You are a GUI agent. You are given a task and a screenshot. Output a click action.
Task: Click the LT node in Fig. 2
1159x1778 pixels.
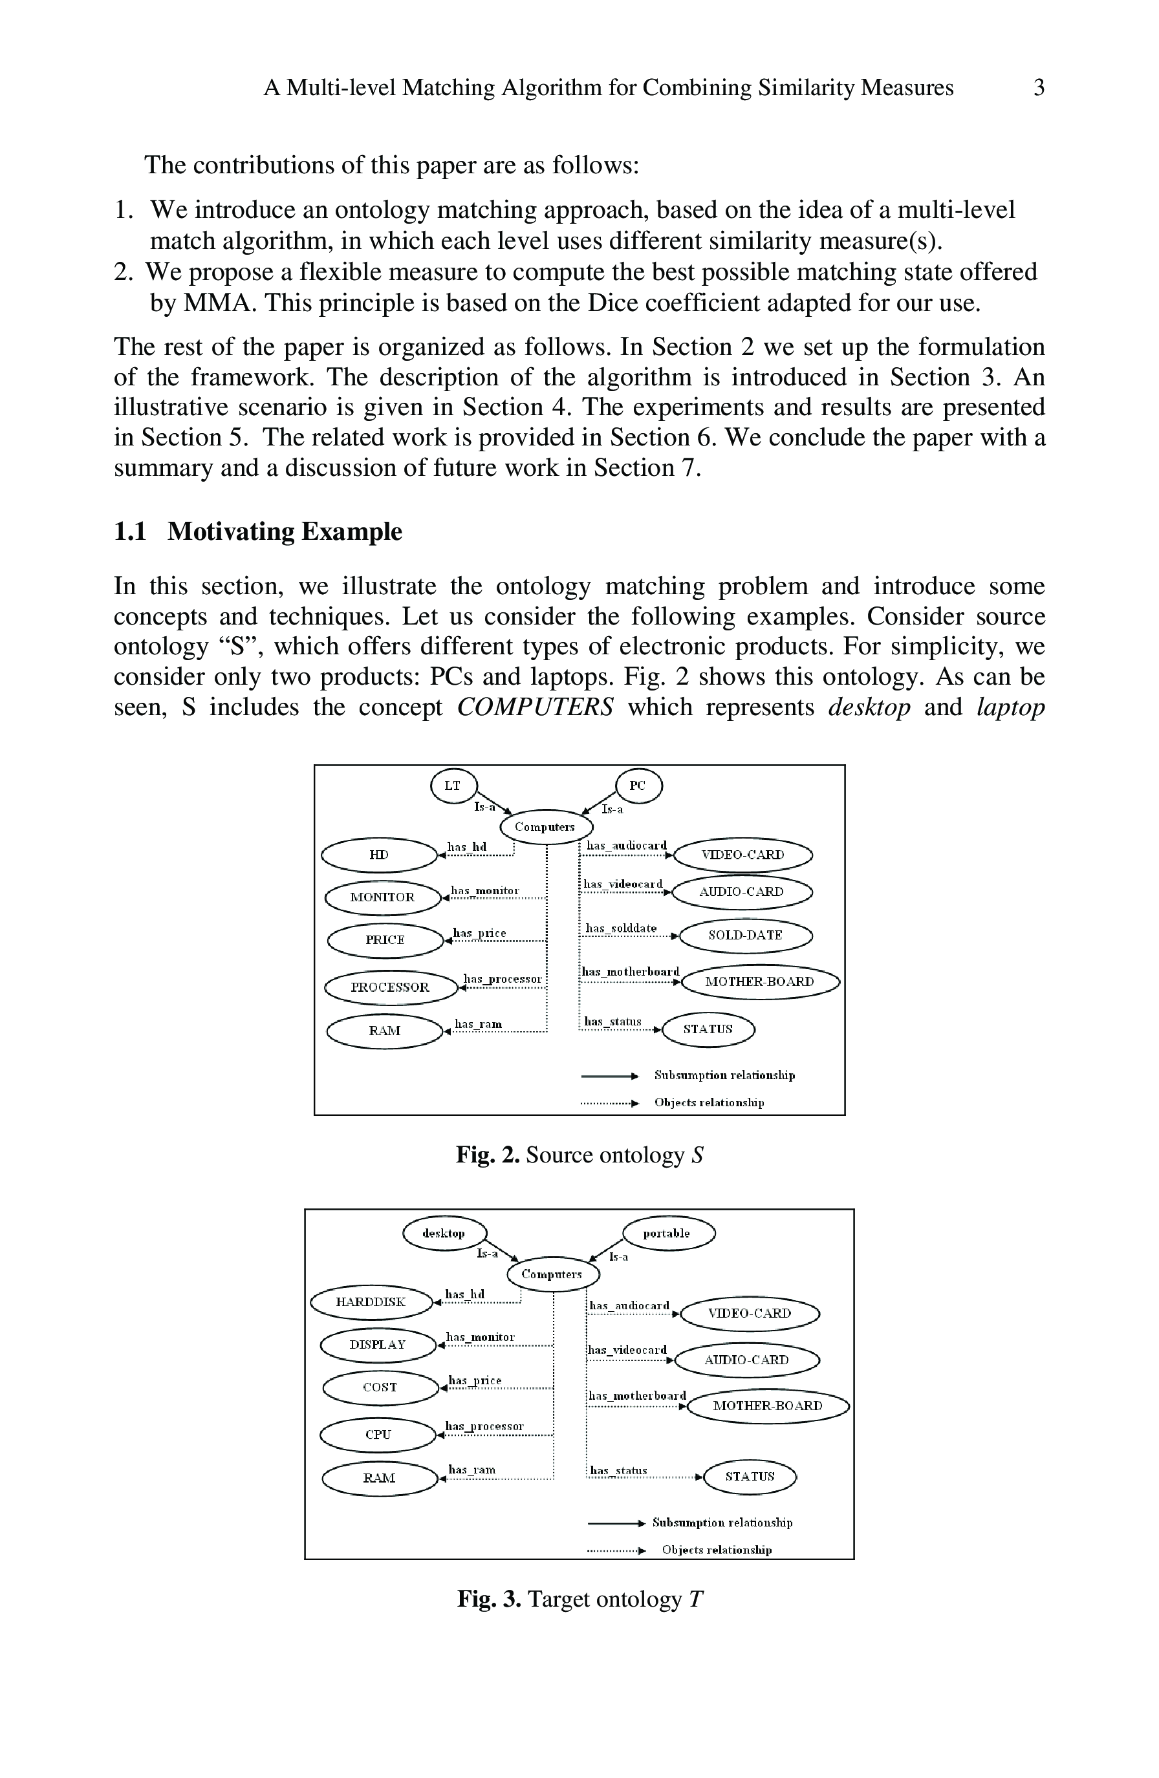coord(453,786)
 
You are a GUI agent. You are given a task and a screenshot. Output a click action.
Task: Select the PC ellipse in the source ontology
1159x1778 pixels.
coord(638,786)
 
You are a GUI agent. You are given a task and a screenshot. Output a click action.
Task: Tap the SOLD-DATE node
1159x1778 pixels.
coord(745,936)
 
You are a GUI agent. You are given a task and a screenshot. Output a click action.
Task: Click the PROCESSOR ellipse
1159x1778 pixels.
coord(390,987)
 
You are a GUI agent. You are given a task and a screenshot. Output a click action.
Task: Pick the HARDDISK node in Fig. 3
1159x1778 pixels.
coord(371,1302)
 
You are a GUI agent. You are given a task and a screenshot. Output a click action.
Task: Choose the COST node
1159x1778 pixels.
coord(380,1387)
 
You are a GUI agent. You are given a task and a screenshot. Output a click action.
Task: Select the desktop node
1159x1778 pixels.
coord(444,1234)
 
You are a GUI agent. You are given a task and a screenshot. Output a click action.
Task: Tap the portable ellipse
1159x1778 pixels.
coord(667,1234)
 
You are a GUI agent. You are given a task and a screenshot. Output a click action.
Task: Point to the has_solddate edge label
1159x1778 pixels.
coord(620,928)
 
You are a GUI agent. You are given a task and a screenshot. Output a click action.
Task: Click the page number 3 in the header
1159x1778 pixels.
coord(1038,88)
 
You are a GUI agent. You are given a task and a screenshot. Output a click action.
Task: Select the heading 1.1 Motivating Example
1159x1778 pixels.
coord(258,531)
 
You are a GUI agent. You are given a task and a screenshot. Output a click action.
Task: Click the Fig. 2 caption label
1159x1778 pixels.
coord(487,1155)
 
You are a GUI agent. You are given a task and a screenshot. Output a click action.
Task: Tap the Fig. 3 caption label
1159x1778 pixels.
coord(489,1599)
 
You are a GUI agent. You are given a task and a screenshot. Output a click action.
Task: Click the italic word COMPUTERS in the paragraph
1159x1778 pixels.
coord(535,707)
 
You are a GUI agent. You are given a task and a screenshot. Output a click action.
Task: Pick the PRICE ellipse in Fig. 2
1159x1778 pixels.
coord(385,940)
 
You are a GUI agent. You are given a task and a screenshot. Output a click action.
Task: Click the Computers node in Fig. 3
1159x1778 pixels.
coord(552,1274)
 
